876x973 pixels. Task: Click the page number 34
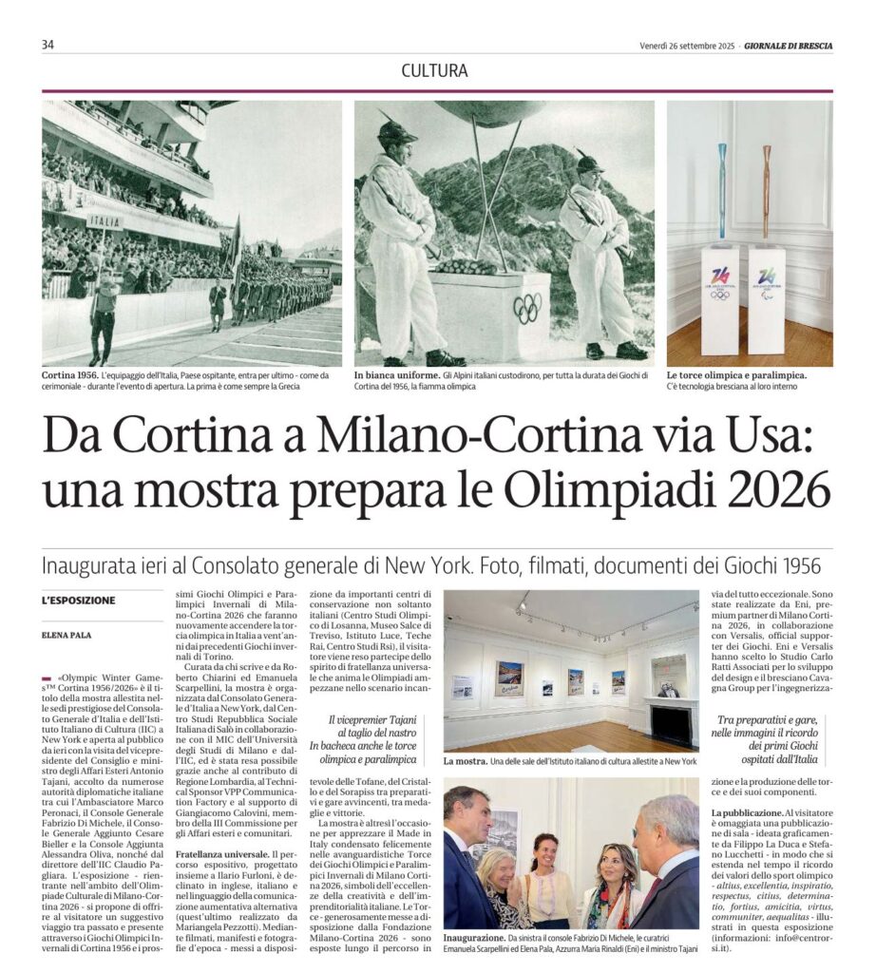pyautogui.click(x=48, y=45)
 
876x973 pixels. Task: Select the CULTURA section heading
pyautogui.click(x=434, y=70)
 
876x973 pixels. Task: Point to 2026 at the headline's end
pyautogui.click(x=781, y=490)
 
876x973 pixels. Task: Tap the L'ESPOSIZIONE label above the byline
pyautogui.click(x=78, y=601)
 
